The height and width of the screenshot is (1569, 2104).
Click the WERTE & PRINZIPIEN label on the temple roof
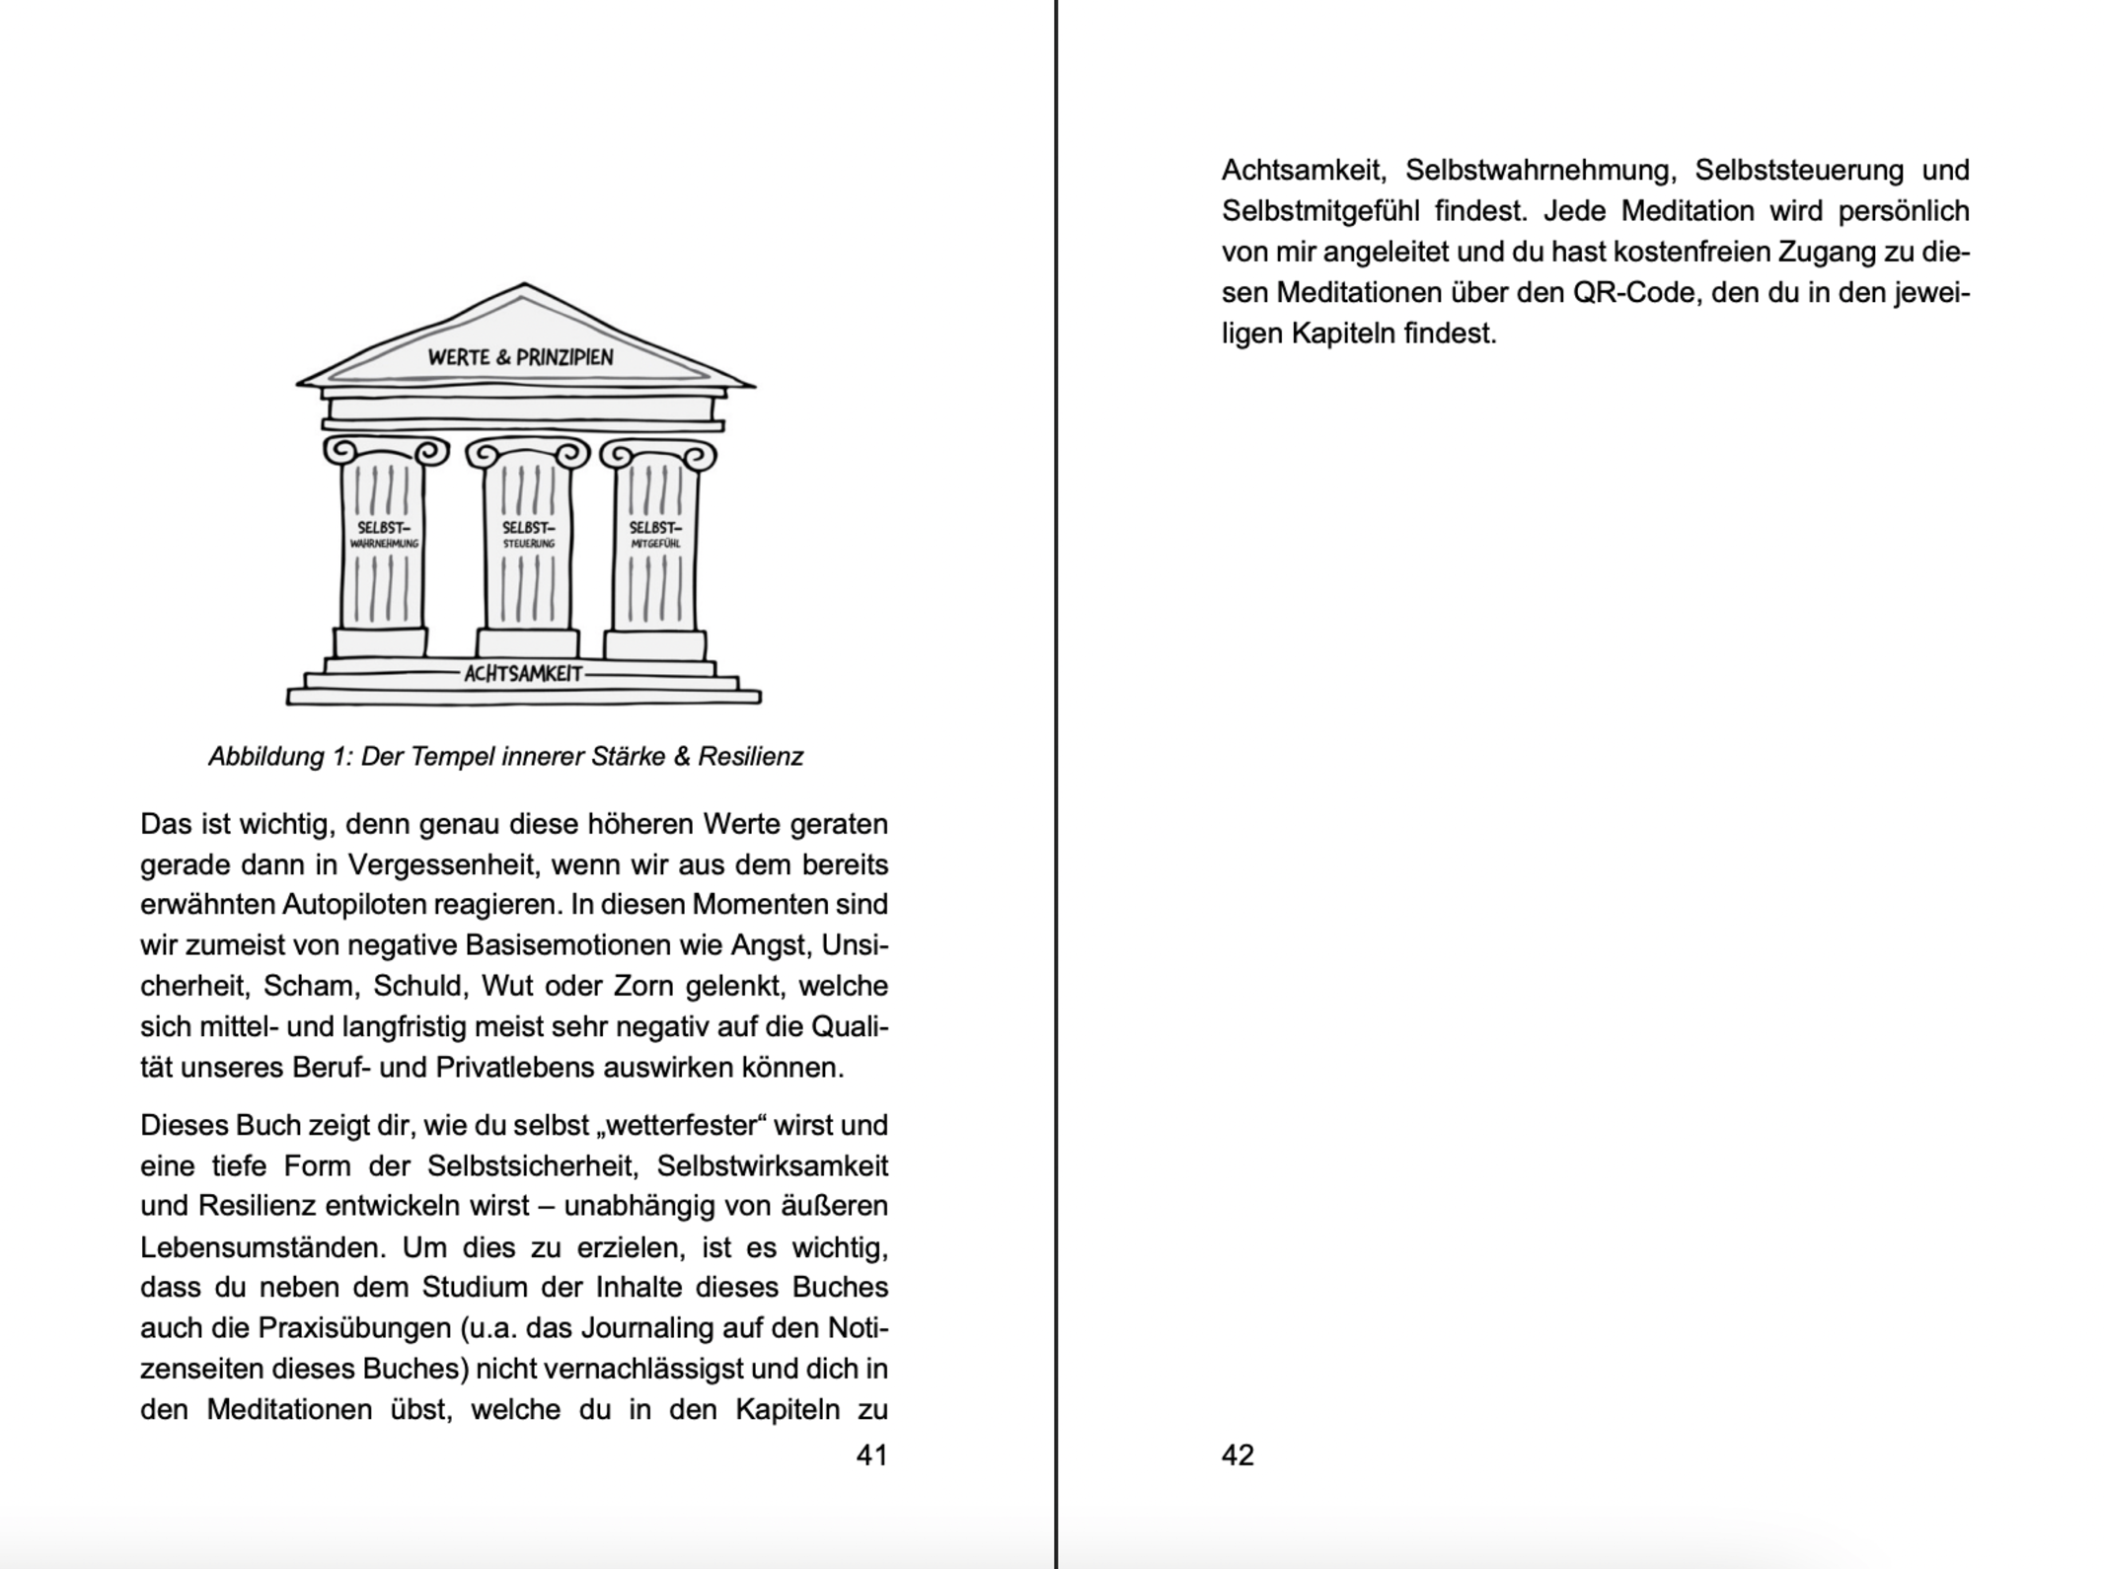(x=520, y=357)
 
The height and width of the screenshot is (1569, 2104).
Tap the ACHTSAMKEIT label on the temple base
(x=523, y=674)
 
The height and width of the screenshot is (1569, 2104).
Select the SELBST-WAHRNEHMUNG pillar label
(x=384, y=535)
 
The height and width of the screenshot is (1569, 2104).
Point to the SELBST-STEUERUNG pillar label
(x=529, y=535)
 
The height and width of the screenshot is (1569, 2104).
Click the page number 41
(x=871, y=1455)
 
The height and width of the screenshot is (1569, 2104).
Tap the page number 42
(x=1238, y=1455)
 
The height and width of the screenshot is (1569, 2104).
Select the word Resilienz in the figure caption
(x=750, y=757)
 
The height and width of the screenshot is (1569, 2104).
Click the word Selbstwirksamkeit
(x=772, y=1166)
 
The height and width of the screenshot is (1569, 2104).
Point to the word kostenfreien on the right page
(x=1691, y=253)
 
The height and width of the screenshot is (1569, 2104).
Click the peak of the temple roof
(x=523, y=285)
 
